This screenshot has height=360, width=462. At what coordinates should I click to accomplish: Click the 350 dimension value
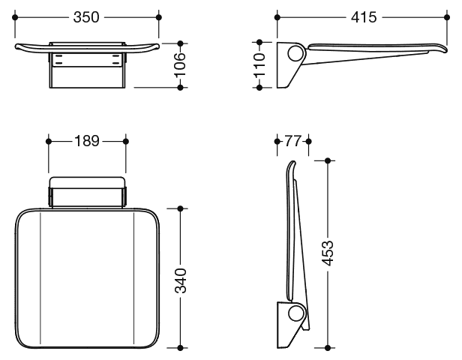[86, 17]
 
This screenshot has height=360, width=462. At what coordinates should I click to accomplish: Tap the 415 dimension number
[364, 17]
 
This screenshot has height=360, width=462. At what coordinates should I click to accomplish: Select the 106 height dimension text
[180, 65]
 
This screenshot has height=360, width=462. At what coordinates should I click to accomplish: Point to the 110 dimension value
[259, 65]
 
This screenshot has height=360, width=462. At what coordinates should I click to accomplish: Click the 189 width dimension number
[87, 141]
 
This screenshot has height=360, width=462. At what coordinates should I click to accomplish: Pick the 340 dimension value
[181, 280]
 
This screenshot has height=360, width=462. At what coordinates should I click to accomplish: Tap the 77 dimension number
[292, 141]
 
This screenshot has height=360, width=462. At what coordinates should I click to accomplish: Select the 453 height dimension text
[328, 253]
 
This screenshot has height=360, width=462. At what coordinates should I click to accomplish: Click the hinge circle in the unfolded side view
[295, 53]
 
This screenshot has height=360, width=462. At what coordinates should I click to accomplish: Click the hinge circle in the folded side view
[295, 313]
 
